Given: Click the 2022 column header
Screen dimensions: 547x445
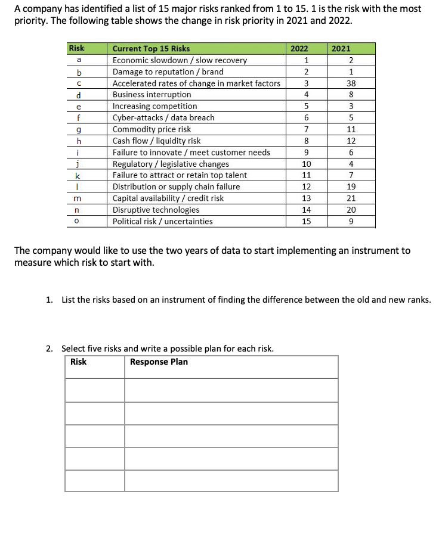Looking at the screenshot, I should click(305, 48).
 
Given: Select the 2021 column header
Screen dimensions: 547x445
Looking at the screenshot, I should click(341, 48).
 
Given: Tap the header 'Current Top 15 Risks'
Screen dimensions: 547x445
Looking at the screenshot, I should click(152, 48).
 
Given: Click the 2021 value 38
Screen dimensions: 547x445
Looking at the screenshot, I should click(351, 83).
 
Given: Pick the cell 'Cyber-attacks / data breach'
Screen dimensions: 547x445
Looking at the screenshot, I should click(163, 118).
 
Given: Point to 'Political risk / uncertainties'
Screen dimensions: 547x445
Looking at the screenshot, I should click(162, 221).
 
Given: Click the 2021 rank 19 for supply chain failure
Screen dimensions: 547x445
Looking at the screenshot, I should click(351, 187).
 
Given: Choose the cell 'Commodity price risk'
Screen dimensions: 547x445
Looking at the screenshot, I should click(152, 129).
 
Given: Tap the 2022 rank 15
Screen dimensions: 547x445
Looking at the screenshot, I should click(306, 221).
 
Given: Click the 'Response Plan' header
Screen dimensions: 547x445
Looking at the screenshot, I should click(159, 362).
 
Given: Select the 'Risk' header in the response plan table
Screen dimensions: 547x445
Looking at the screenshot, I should click(78, 362).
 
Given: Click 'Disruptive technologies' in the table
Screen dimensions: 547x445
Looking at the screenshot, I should click(156, 210).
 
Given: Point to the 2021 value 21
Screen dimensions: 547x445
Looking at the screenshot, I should click(351, 198).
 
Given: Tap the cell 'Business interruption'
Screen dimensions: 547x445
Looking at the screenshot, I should click(152, 95).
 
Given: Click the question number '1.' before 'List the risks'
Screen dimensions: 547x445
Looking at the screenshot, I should click(50, 300).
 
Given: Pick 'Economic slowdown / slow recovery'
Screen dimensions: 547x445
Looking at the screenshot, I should click(180, 60).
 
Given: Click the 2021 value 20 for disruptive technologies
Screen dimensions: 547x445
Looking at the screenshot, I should click(351, 210).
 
